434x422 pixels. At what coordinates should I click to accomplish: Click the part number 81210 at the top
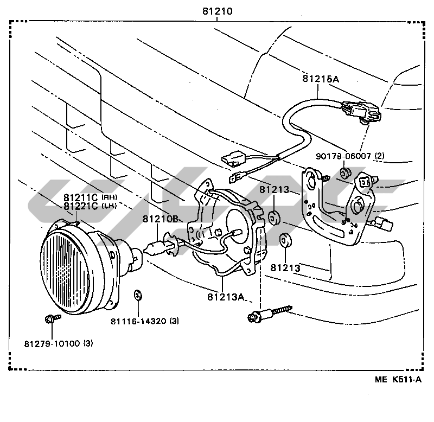pos(218,11)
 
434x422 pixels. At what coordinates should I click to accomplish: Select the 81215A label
pos(321,79)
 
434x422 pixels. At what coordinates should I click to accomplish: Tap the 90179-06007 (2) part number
pos(350,156)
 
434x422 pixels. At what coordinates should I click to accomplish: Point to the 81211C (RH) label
pos(91,197)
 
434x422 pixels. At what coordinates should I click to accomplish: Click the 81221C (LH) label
pos(90,206)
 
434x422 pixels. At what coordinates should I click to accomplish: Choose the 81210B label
pos(160,219)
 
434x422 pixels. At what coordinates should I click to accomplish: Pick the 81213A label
pos(226,297)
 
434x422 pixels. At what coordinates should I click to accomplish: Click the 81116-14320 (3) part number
pos(145,321)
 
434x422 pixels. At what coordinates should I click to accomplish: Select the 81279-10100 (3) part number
pos(59,343)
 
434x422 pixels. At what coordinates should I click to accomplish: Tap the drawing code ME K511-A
pos(398,379)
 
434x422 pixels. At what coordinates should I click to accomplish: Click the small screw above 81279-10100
pos(53,318)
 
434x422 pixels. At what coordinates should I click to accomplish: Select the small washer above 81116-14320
pos(138,295)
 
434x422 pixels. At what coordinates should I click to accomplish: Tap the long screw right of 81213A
pos(270,314)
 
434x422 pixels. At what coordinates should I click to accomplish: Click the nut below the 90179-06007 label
pos(346,173)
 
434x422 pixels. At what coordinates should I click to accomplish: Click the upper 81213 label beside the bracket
pos(275,189)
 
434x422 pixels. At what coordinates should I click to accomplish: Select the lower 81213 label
pos(285,268)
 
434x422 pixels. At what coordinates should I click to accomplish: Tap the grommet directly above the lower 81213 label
pos(285,240)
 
